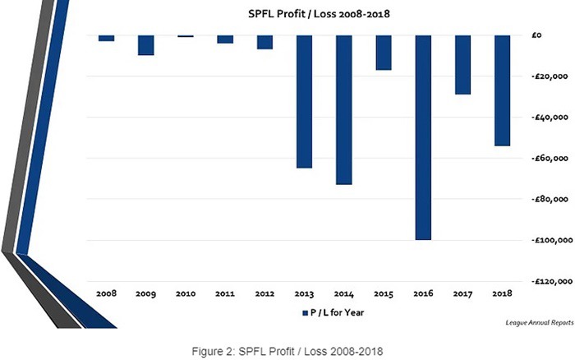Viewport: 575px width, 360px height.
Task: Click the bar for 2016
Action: [423, 137]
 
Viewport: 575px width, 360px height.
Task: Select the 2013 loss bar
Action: [304, 102]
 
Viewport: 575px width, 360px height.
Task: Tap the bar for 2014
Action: [343, 109]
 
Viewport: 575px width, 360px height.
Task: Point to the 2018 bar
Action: [502, 90]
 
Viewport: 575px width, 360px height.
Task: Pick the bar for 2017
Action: [462, 65]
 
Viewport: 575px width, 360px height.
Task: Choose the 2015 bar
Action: [384, 53]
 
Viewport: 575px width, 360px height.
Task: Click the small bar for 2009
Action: [145, 45]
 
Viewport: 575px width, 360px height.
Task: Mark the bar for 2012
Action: [264, 42]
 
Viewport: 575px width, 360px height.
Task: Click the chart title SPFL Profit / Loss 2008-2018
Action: [319, 14]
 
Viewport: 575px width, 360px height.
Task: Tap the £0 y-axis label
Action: [536, 35]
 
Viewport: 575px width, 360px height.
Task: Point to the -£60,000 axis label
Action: [550, 158]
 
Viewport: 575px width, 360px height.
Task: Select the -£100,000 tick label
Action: [551, 240]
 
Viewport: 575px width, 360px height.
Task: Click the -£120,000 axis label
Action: [551, 281]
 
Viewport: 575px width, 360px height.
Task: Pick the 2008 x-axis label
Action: [106, 293]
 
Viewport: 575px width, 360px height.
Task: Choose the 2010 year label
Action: [186, 293]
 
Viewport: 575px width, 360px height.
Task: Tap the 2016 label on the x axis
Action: [423, 293]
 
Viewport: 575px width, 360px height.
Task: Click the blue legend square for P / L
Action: [305, 313]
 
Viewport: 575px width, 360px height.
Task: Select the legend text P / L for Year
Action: [337, 312]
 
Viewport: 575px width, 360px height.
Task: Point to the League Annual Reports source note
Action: [540, 322]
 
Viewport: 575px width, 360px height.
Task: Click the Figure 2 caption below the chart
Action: [287, 352]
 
